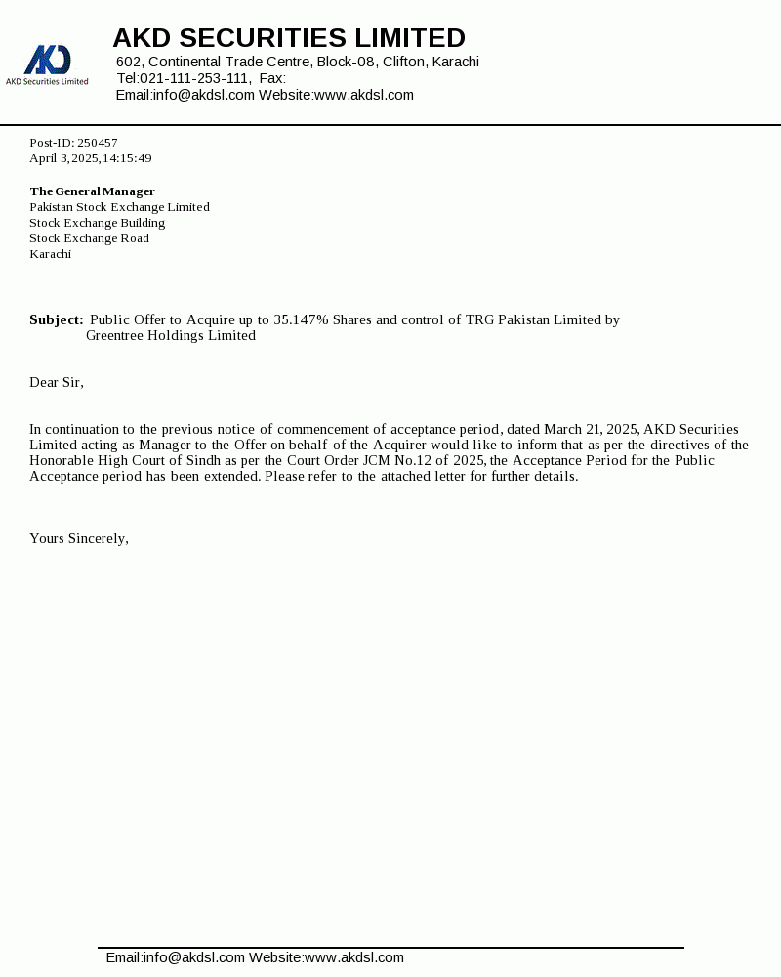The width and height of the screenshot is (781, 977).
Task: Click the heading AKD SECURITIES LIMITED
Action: point(289,38)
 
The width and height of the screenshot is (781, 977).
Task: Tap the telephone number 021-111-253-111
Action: point(194,78)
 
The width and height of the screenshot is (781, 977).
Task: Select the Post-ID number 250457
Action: point(98,143)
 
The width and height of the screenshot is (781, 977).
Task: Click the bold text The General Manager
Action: point(92,191)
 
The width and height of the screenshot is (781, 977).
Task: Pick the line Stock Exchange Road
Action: point(89,238)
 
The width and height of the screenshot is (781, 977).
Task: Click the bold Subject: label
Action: point(57,319)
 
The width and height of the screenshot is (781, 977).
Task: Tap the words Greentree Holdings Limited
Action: point(171,335)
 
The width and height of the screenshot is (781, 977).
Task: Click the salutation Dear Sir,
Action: point(57,382)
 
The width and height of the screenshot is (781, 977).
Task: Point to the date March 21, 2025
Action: point(590,429)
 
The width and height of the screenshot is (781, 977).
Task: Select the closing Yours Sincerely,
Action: point(79,538)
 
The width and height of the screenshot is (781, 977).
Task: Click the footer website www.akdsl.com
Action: point(354,957)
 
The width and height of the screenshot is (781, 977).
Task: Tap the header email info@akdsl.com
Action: point(204,95)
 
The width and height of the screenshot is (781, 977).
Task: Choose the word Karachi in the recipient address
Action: point(51,254)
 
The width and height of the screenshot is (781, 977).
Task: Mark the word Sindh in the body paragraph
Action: point(204,460)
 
